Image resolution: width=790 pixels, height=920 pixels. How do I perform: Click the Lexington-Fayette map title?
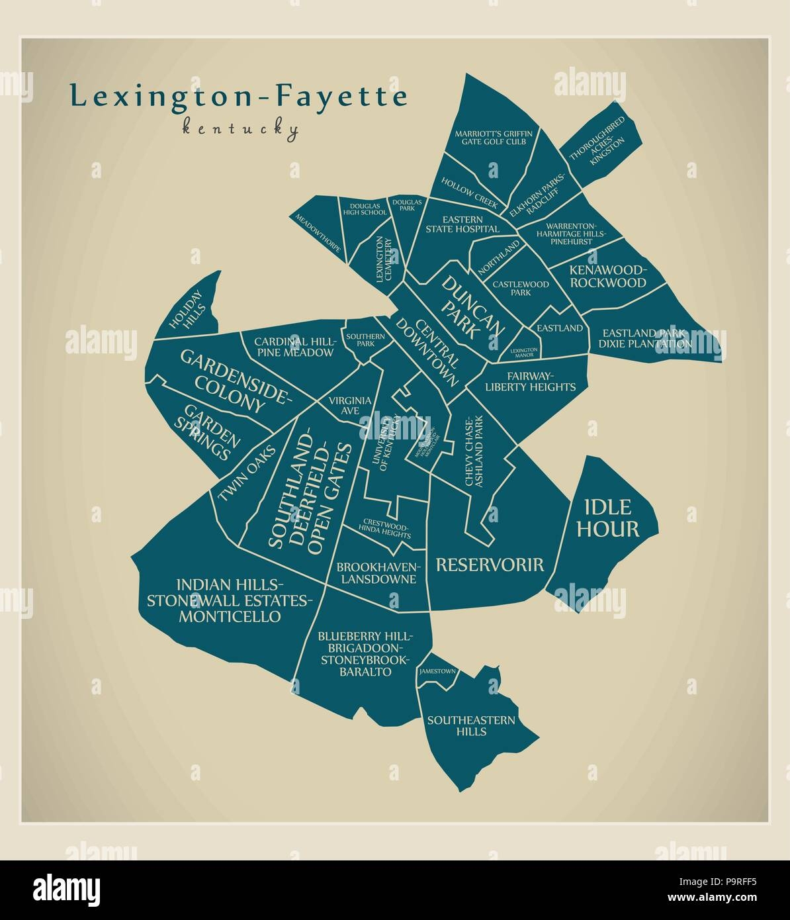[238, 97]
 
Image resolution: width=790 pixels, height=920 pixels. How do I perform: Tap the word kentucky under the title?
[240, 128]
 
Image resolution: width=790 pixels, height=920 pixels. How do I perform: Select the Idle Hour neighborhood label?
[611, 518]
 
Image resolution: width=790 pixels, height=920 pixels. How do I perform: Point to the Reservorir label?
[489, 565]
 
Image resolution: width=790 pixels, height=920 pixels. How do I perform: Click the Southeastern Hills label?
[470, 725]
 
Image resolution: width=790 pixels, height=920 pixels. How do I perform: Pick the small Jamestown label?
[437, 672]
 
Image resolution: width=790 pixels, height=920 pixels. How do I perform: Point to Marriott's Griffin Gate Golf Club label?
[493, 138]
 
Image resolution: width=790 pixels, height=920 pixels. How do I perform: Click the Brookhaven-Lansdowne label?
[377, 573]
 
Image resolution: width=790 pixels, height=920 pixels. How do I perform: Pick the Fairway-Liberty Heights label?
[530, 382]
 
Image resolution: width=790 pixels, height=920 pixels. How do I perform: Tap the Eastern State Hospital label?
[462, 224]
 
